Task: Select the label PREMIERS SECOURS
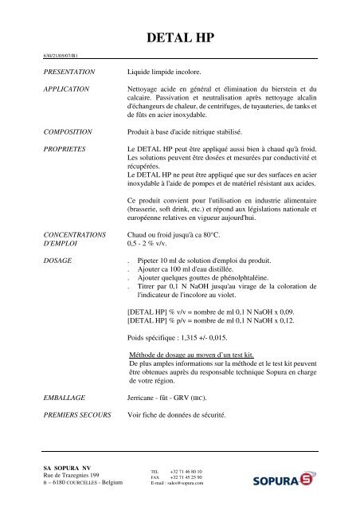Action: [x=77, y=415]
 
